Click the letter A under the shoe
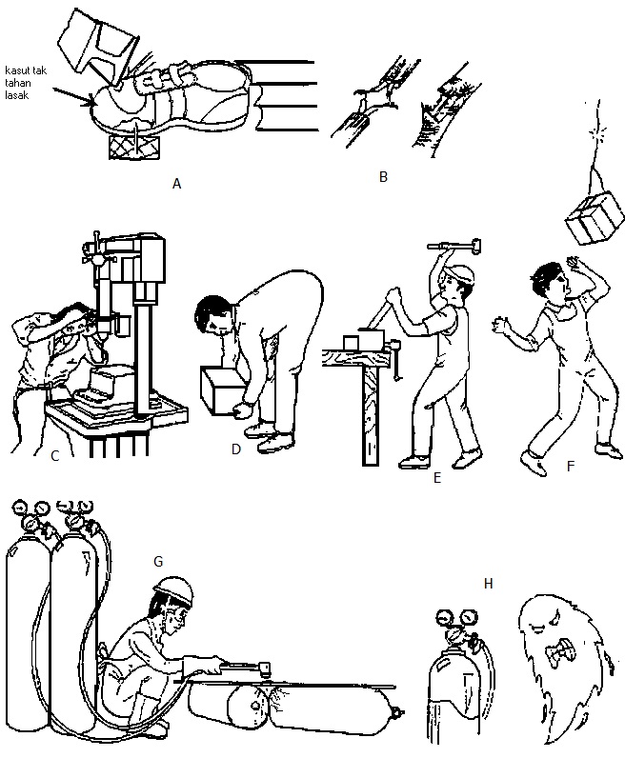(x=176, y=184)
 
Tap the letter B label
(x=383, y=177)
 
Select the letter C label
(x=54, y=456)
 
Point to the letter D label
(x=236, y=449)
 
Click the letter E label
(x=437, y=478)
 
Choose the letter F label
(x=571, y=467)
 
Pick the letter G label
(x=158, y=561)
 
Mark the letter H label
(x=488, y=584)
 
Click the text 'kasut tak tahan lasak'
(x=25, y=83)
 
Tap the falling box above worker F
(x=595, y=218)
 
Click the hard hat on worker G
(x=173, y=588)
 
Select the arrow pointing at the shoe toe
(x=73, y=96)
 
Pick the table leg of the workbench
(x=371, y=417)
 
